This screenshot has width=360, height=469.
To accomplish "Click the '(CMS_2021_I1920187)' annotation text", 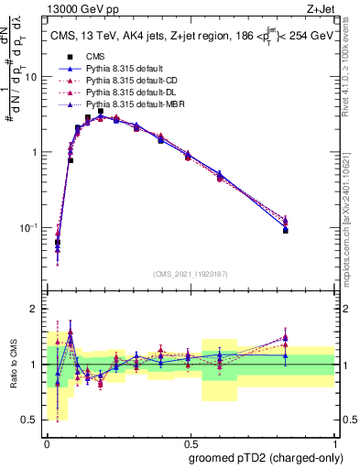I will [190, 273].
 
